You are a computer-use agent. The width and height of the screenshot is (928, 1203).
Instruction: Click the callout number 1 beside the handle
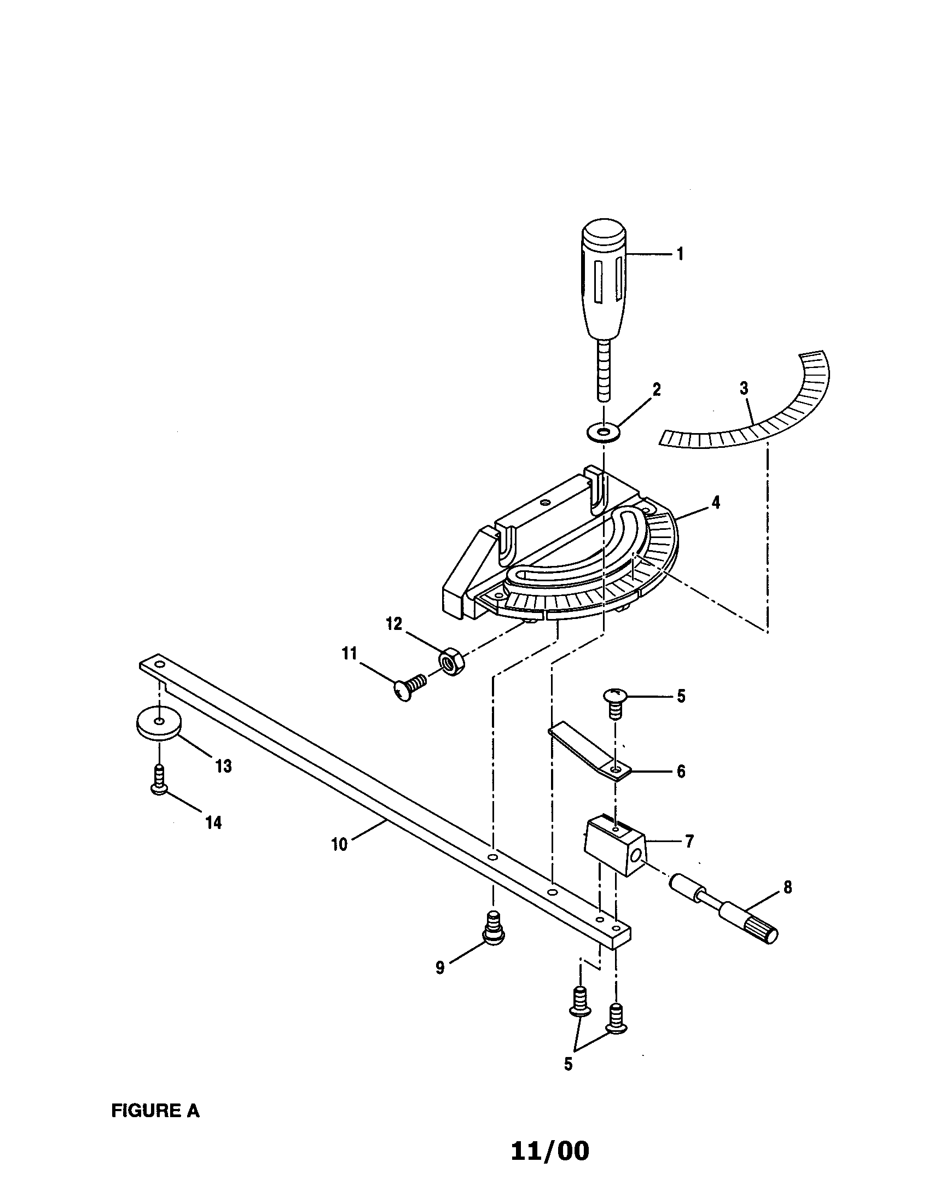[680, 254]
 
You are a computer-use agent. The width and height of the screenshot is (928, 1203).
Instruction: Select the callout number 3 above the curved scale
[744, 388]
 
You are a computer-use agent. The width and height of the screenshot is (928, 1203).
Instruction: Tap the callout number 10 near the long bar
[339, 844]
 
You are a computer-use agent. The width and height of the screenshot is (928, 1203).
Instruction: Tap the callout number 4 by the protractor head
[715, 503]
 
